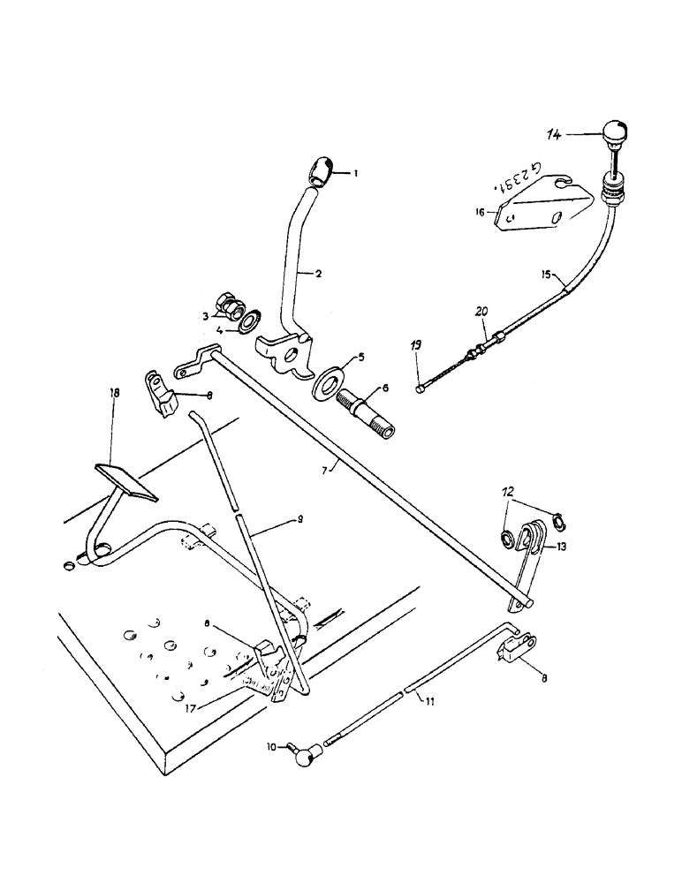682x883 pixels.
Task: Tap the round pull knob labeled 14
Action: coord(611,136)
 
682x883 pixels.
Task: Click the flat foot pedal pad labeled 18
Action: coord(124,482)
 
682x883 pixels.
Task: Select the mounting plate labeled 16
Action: coord(542,215)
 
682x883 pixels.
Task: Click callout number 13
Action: coord(563,547)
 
